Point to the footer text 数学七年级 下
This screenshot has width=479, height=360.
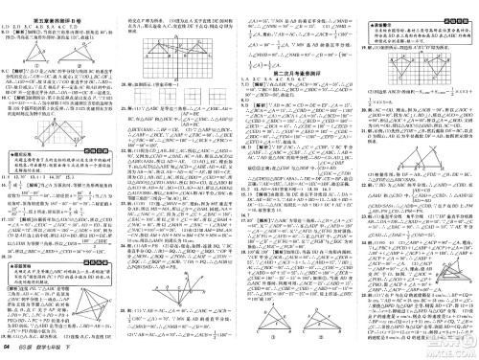click(x=57, y=350)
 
